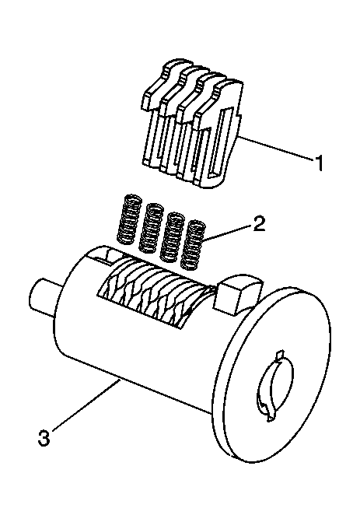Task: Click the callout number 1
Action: tap(319, 163)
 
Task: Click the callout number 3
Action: tap(44, 437)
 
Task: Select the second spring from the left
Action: tap(150, 227)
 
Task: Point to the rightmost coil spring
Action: tap(193, 244)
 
